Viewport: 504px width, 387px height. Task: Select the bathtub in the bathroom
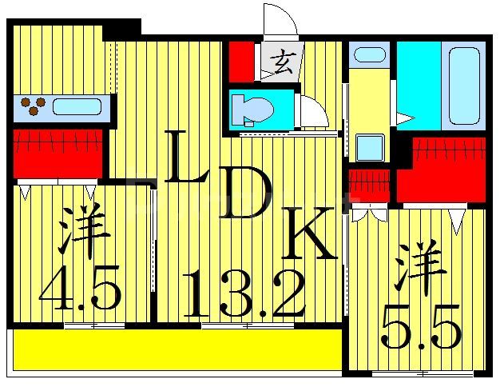460,84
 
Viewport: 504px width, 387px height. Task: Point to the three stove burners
33,105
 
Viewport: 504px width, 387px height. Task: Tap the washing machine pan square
370,148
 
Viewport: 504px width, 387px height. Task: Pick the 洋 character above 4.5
85,231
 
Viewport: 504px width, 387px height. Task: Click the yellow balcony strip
176,351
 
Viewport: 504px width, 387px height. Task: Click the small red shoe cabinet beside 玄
240,60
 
